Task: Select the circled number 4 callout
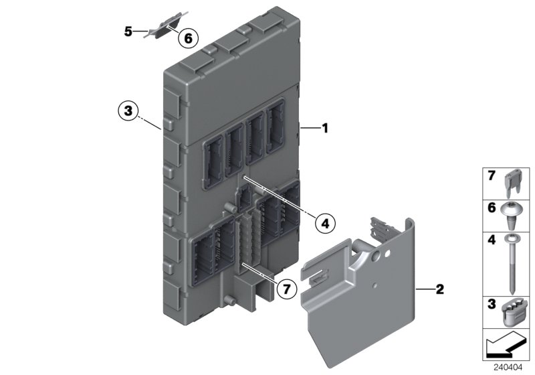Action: click(x=324, y=221)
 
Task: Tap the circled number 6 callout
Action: click(x=188, y=39)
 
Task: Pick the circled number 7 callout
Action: click(x=286, y=289)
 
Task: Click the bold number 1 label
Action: click(x=325, y=127)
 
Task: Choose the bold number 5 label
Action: click(x=127, y=31)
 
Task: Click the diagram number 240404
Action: click(x=510, y=366)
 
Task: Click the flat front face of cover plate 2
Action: click(x=361, y=315)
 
